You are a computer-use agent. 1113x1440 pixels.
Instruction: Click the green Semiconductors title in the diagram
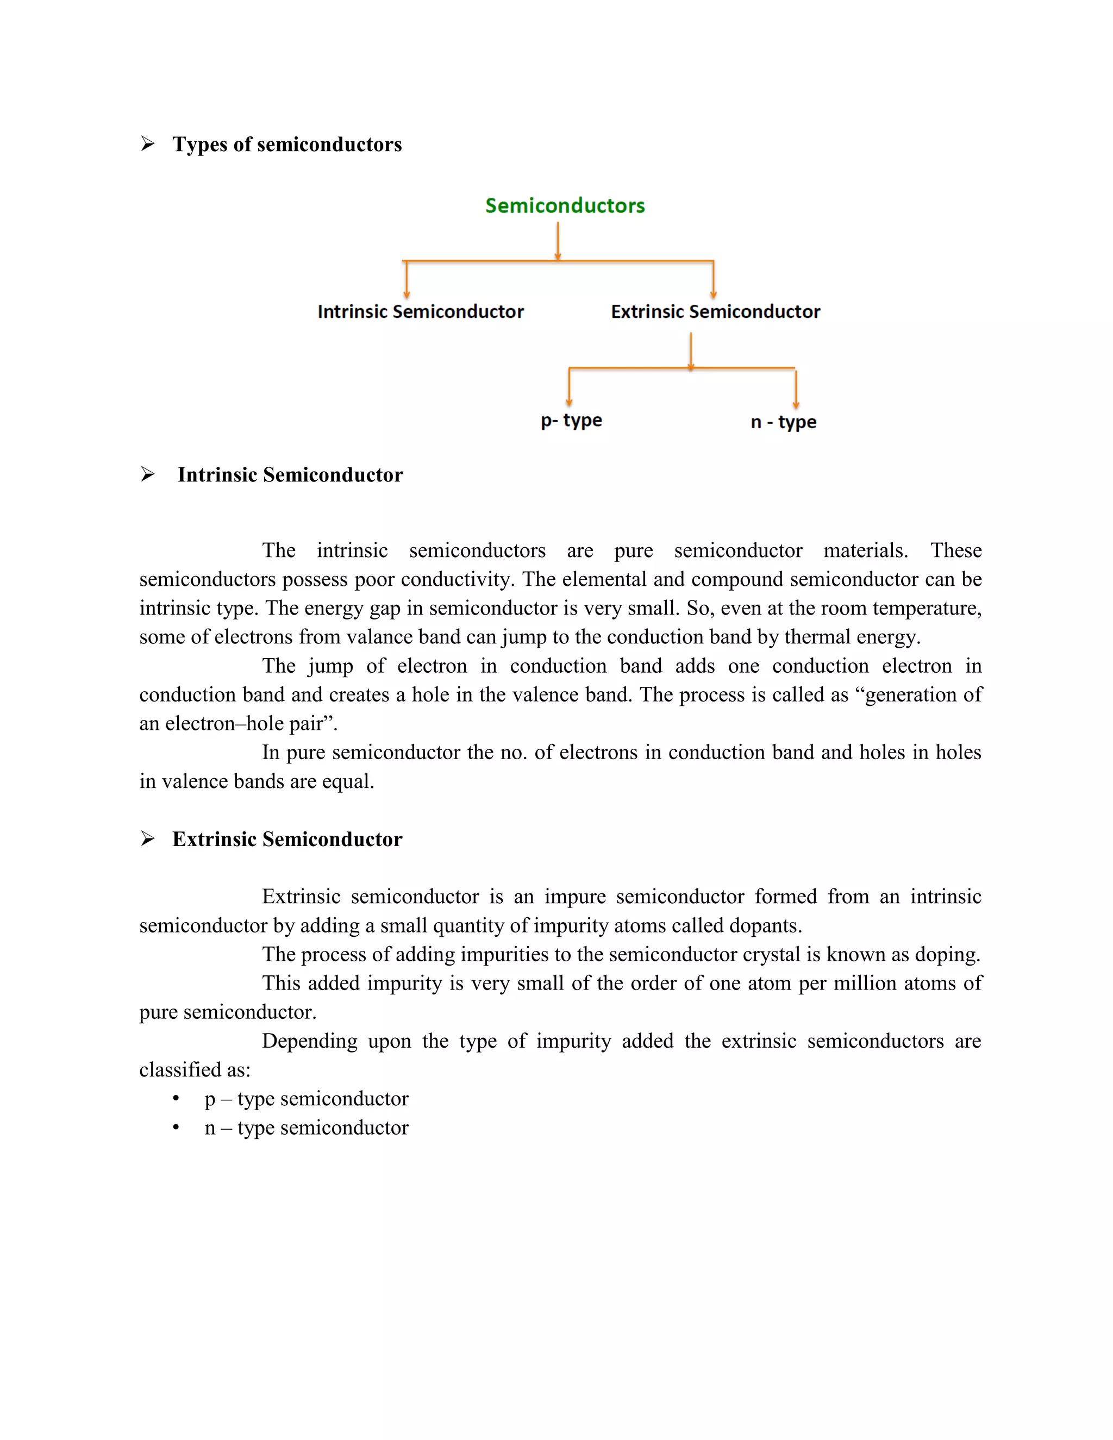[565, 206]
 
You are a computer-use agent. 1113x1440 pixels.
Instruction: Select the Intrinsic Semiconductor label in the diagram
[420, 312]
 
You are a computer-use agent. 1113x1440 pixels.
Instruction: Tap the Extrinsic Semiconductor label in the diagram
[715, 312]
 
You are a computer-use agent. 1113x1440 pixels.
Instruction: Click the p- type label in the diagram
[571, 421]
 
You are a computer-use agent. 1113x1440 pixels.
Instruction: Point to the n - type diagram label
[783, 422]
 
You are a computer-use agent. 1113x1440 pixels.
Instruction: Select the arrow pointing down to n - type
[796, 390]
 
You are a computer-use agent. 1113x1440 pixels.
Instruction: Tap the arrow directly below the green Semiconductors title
[558, 241]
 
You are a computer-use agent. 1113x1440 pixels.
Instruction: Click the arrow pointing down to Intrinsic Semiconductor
[406, 280]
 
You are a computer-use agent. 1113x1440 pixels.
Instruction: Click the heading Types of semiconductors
[287, 145]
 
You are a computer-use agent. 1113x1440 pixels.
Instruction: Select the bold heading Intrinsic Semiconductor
[290, 475]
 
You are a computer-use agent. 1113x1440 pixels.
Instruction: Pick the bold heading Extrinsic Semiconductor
[287, 840]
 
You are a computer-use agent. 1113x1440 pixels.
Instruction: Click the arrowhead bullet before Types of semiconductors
[148, 144]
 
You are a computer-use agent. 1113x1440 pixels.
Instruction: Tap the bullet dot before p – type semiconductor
[176, 1098]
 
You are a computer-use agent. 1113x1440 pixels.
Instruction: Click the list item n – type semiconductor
[306, 1128]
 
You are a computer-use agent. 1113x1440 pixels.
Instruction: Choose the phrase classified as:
[195, 1069]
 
